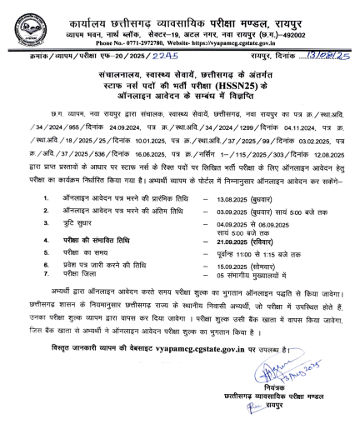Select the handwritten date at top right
[327, 59]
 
